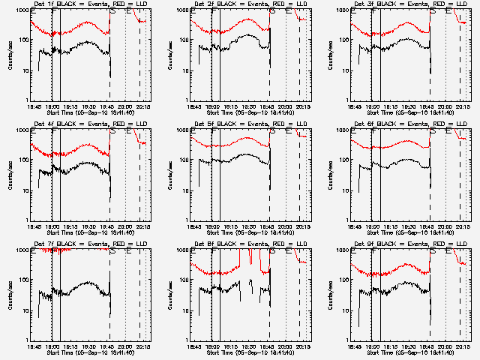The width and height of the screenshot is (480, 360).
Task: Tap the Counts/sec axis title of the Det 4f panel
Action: pos(10,175)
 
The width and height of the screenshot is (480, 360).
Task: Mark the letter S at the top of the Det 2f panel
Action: pos(273,11)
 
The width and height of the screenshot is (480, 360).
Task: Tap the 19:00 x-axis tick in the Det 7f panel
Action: pos(52,346)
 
